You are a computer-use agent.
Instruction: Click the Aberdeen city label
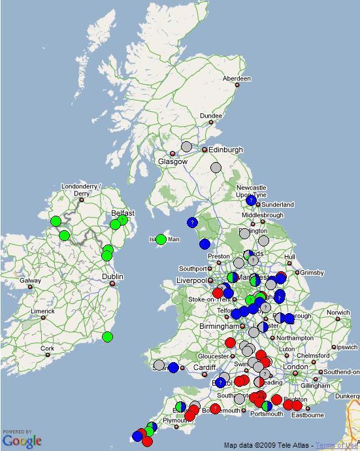click(237, 78)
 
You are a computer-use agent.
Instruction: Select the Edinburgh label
click(225, 150)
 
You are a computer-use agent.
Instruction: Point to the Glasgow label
click(172, 161)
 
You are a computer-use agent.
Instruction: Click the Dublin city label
click(112, 276)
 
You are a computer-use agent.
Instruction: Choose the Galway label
click(31, 281)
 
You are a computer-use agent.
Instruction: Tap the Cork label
click(46, 348)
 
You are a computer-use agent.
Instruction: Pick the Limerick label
click(42, 311)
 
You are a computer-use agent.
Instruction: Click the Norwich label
click(338, 312)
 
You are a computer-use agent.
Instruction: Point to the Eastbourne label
click(308, 414)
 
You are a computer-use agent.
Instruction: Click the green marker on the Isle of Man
click(161, 239)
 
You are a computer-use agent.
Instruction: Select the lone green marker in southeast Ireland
click(107, 337)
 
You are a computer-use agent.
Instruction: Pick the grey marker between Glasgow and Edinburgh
click(186, 147)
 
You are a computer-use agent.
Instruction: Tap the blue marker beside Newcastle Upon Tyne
click(251, 200)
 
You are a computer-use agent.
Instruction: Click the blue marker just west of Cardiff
click(173, 367)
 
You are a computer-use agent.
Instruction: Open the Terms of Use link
click(337, 445)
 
